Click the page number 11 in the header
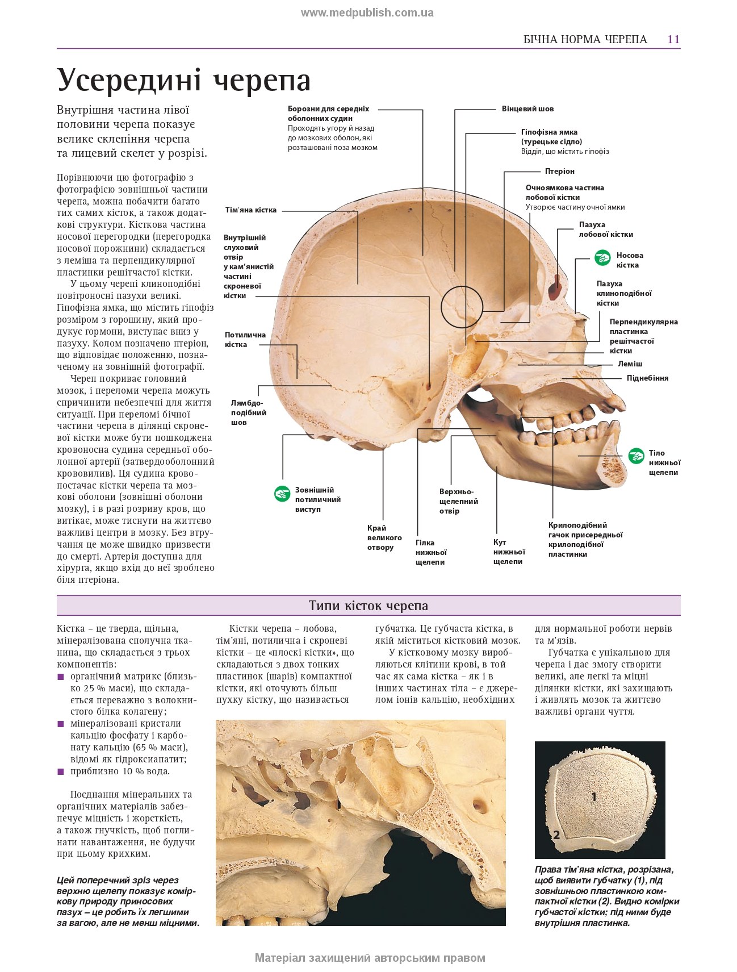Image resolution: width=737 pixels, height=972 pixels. click(673, 39)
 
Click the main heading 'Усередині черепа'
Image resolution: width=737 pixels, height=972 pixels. click(184, 80)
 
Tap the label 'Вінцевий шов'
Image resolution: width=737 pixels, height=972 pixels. click(527, 109)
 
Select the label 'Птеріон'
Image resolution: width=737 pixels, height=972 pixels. click(559, 171)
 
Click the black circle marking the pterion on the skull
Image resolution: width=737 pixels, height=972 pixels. click(462, 307)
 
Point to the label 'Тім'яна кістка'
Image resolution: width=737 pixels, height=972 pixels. click(250, 210)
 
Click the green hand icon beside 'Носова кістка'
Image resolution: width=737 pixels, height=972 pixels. click(602, 258)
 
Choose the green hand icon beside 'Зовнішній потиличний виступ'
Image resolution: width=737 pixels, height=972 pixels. click(282, 493)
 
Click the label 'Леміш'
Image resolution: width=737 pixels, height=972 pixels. click(630, 364)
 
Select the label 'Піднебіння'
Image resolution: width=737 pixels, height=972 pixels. click(647, 378)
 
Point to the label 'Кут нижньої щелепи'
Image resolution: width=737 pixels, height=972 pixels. click(508, 552)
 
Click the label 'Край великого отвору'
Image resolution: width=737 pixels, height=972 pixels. click(384, 537)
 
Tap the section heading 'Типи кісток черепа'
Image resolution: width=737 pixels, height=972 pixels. click(368, 606)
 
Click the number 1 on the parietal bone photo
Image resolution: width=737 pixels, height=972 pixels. click(594, 797)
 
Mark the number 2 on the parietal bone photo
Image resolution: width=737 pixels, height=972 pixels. click(556, 835)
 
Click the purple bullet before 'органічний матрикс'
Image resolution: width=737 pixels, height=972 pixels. click(61, 677)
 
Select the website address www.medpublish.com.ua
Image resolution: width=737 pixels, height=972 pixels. click(367, 12)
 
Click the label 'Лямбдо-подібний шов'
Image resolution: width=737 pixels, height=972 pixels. click(248, 412)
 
